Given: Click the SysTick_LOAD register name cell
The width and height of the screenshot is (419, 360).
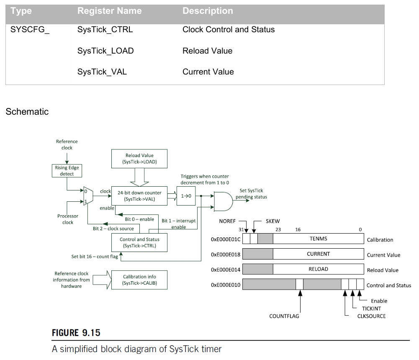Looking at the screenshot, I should [x=105, y=51].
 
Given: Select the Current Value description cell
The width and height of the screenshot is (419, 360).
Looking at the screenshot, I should [x=208, y=72].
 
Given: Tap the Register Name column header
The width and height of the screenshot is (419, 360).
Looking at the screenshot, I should [x=109, y=11].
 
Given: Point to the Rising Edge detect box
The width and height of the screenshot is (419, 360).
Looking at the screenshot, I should [x=67, y=171].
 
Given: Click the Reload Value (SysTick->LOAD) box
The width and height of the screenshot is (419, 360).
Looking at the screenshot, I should [x=139, y=159].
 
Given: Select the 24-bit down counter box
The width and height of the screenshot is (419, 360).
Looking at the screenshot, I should [x=139, y=195].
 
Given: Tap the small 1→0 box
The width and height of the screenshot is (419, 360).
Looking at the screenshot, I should [x=186, y=195].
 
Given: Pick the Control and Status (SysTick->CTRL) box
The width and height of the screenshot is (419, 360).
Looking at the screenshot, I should [x=139, y=243].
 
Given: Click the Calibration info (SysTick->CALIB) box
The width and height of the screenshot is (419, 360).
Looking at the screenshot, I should [x=139, y=280].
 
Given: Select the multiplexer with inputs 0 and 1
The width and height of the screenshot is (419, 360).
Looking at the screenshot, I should [x=88, y=196].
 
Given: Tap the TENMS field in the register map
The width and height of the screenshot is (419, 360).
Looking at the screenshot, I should [x=318, y=239].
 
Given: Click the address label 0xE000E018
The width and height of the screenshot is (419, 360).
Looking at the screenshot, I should [x=226, y=255].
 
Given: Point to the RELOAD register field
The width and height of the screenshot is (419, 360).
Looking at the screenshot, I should [x=318, y=269].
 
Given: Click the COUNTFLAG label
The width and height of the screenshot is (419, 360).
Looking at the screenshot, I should [x=284, y=316].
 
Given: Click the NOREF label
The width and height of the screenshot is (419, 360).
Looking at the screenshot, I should [x=228, y=221].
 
